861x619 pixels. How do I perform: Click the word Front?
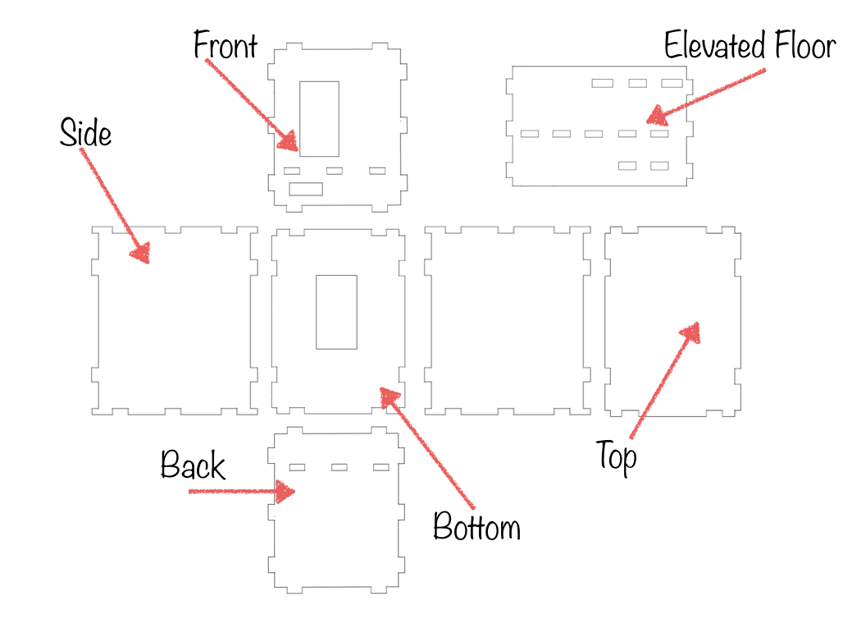tap(225, 46)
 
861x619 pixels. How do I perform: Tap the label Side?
tap(85, 132)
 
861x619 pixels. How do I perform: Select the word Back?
tap(193, 465)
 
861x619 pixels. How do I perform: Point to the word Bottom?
tap(476, 526)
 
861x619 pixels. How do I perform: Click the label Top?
tap(617, 456)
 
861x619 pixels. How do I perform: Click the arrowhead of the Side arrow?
tap(141, 254)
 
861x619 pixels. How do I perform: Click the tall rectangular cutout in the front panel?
tap(319, 118)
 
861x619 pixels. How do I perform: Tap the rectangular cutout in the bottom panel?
tap(336, 311)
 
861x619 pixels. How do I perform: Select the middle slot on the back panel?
tap(339, 467)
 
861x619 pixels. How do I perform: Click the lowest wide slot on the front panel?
tap(306, 189)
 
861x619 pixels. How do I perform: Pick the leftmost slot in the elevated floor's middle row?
tap(530, 134)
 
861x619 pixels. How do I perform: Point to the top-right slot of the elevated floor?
tap(672, 83)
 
